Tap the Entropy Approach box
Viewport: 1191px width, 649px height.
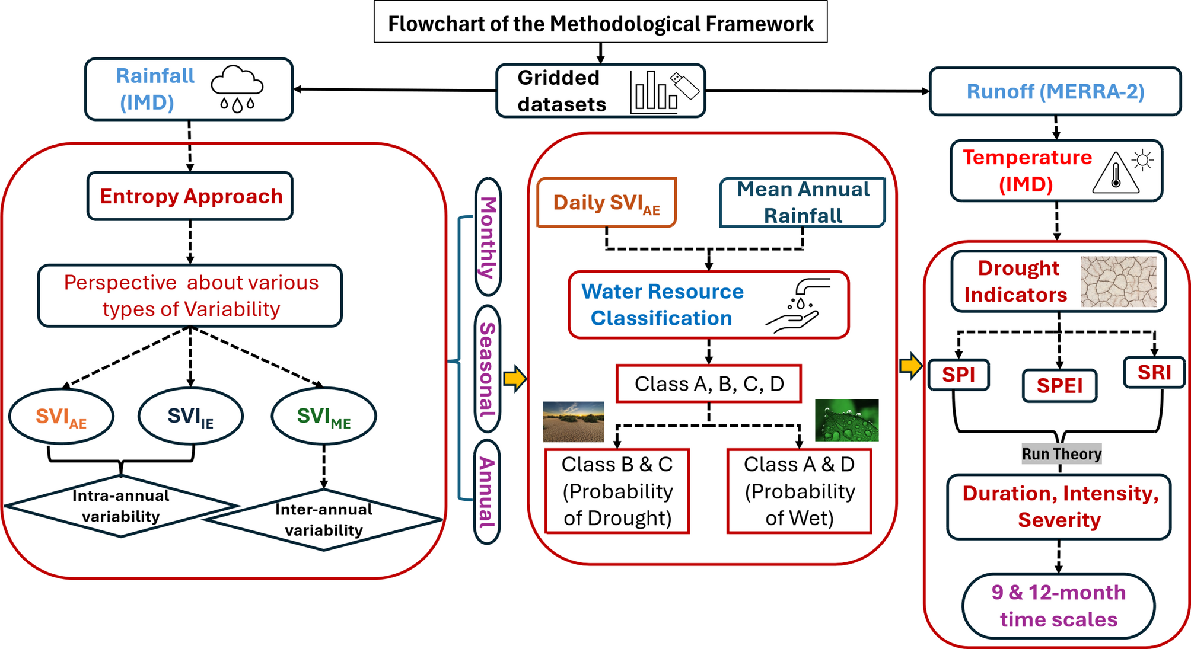[190, 196]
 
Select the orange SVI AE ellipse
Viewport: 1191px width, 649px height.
[61, 416]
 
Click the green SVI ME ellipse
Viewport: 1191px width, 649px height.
[324, 416]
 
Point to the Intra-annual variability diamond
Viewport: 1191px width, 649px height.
[120, 506]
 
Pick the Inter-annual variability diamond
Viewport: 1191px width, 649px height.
[324, 520]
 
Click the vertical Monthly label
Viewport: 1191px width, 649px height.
[488, 237]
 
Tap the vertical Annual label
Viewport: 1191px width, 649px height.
[487, 492]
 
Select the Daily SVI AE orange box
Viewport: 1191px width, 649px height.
[606, 203]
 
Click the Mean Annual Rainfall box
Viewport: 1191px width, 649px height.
[803, 203]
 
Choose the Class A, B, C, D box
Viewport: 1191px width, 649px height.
[709, 384]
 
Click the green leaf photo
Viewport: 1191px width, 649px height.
[846, 420]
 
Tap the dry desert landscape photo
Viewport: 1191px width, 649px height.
[574, 421]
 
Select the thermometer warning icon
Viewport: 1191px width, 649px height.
[1116, 173]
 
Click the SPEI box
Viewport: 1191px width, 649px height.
[1059, 386]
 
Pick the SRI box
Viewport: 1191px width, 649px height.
[1154, 373]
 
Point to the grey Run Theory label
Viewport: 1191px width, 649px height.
[1061, 454]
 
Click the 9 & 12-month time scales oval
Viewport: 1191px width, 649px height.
[1059, 606]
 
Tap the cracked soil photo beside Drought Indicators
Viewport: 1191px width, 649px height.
[1118, 282]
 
